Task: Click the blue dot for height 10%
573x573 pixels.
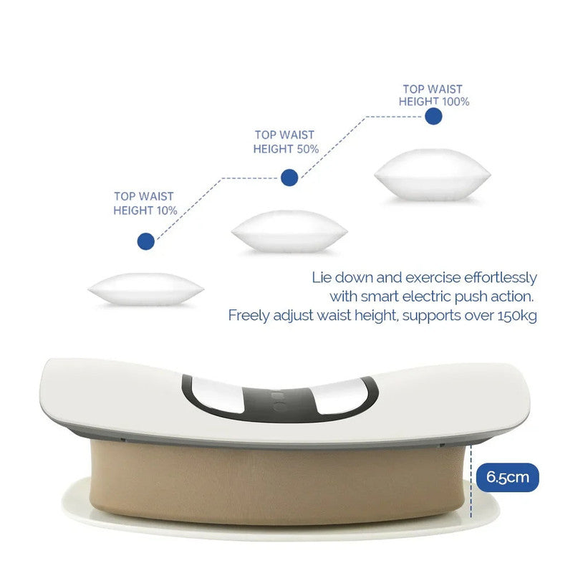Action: click(x=145, y=241)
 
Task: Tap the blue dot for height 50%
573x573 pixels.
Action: click(x=289, y=177)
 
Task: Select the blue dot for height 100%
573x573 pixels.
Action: click(x=432, y=116)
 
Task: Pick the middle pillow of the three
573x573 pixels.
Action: click(x=289, y=231)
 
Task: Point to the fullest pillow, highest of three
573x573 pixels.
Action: click(x=432, y=174)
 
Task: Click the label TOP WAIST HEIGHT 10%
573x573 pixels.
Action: click(x=144, y=203)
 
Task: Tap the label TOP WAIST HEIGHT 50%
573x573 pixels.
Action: click(x=286, y=142)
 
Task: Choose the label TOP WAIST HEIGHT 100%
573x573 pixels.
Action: click(x=433, y=95)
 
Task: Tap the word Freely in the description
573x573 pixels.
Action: click(x=246, y=315)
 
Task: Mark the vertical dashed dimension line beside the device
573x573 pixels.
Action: click(x=471, y=480)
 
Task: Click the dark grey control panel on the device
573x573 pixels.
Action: click(x=279, y=398)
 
